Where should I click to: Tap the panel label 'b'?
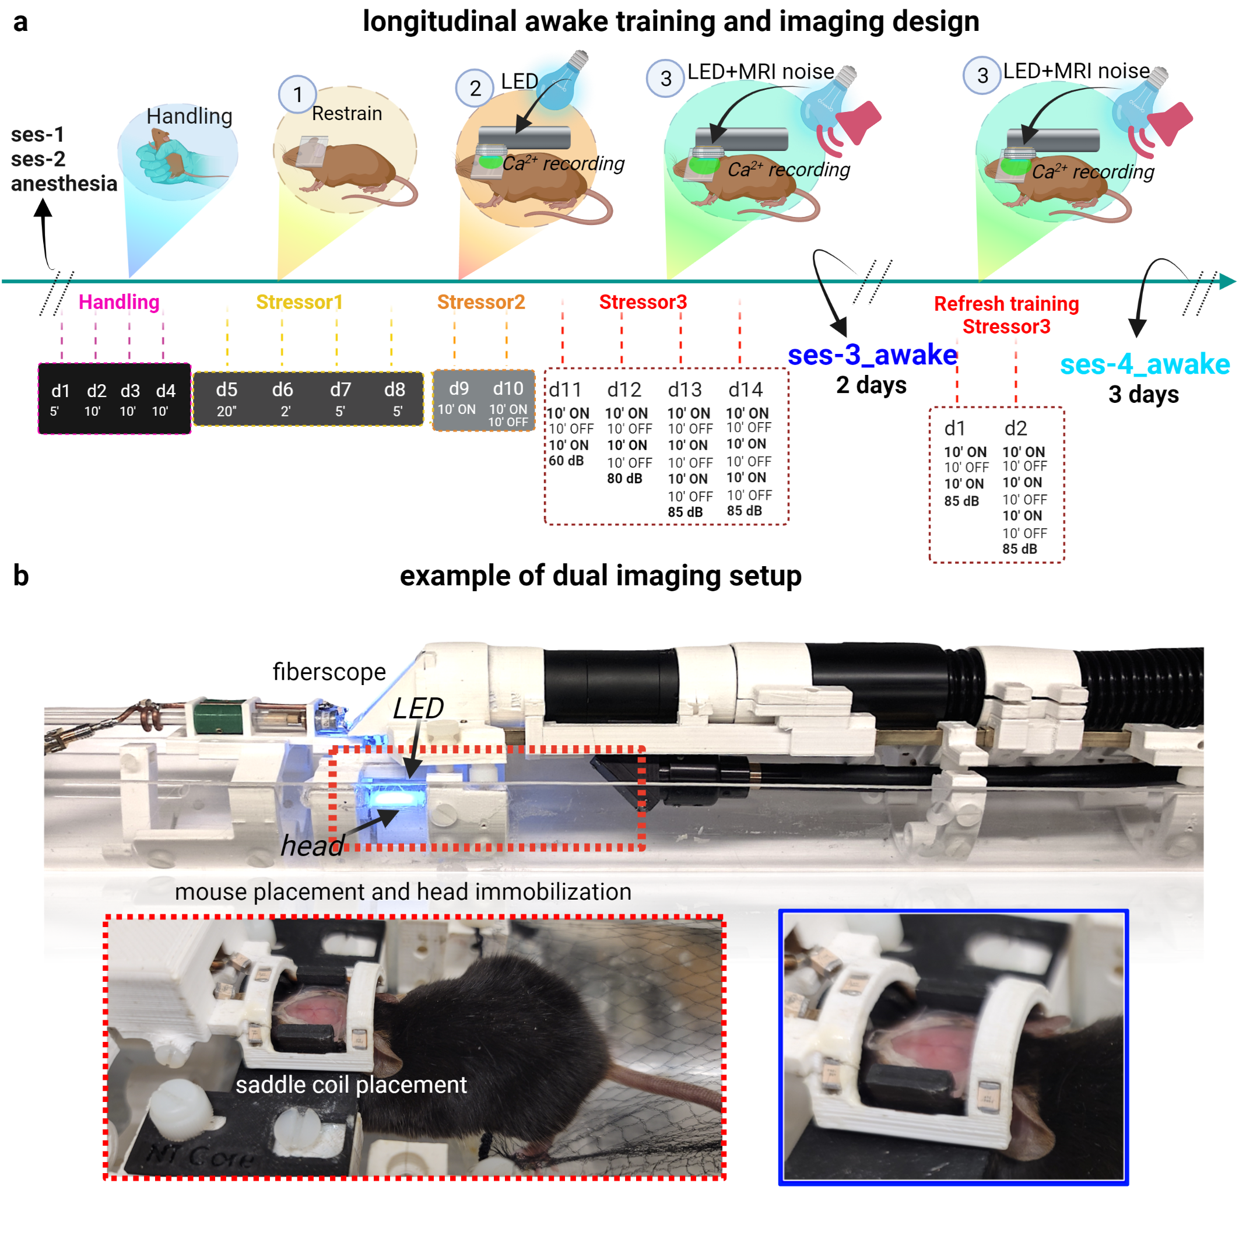coord(21,575)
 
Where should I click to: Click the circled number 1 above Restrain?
coord(297,94)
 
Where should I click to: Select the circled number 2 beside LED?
coord(475,88)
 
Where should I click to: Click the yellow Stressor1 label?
coord(300,301)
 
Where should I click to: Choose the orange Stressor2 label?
coord(481,301)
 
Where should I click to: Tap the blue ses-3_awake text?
coord(872,354)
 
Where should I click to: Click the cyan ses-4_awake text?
coord(1145,364)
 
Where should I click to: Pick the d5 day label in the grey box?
coord(226,389)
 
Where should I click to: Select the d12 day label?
coord(624,389)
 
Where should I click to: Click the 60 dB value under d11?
coord(566,461)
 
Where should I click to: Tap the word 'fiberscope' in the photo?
coord(329,672)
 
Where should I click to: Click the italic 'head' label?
coord(313,845)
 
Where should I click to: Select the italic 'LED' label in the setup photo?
coord(418,708)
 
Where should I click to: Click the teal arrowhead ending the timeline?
coord(1227,281)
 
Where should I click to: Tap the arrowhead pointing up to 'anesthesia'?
coord(43,208)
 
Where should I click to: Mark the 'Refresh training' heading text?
coord(1006,303)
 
